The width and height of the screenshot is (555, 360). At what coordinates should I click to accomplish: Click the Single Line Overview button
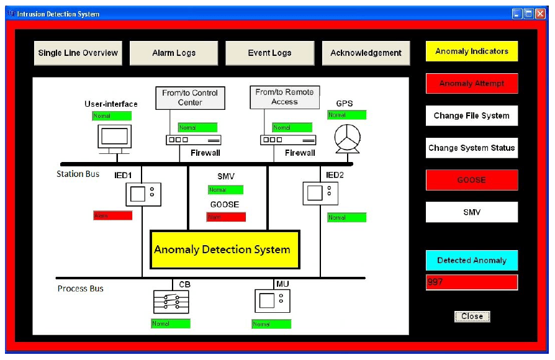click(x=78, y=53)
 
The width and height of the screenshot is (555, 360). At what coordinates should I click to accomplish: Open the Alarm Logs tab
click(x=174, y=53)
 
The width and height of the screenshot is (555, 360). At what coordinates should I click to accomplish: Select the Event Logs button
click(x=269, y=53)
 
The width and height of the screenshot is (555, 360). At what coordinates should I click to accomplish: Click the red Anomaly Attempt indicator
click(x=472, y=83)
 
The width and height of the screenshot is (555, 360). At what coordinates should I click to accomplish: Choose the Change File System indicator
click(x=472, y=115)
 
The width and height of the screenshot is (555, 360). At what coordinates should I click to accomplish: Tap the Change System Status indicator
click(x=472, y=148)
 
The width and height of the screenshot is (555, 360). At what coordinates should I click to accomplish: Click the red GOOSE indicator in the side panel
click(x=472, y=180)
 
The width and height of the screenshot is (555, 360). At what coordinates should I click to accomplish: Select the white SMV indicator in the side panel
click(x=472, y=212)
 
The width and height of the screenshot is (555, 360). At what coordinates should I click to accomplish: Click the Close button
click(x=472, y=317)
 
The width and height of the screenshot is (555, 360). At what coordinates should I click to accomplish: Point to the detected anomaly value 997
click(x=472, y=282)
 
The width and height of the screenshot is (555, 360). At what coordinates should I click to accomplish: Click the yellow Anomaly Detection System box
click(x=225, y=250)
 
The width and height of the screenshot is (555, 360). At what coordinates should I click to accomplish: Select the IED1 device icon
click(x=143, y=194)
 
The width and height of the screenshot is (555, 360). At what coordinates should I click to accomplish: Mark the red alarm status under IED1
click(x=112, y=215)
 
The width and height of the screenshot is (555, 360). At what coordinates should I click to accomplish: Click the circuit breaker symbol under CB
click(x=171, y=302)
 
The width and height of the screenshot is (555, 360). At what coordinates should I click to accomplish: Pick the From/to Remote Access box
click(x=284, y=97)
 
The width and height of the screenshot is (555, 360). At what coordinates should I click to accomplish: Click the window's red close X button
click(x=540, y=14)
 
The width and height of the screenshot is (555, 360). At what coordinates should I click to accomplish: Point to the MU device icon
click(x=272, y=301)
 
